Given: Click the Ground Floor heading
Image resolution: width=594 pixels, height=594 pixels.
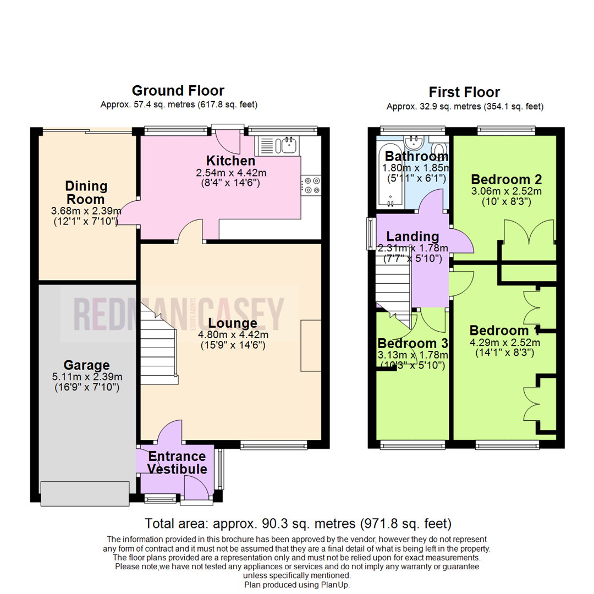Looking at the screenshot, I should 178,91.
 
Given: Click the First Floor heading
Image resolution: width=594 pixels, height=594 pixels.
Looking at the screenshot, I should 465,92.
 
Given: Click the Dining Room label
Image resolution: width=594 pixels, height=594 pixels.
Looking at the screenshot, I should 86,193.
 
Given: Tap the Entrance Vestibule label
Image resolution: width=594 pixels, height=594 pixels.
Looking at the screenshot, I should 177,463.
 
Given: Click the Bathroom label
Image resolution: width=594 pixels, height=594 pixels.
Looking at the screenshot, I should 416,156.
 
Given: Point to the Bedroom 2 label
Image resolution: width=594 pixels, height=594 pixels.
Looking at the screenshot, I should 507,179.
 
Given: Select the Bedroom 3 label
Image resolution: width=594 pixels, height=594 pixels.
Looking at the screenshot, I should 413,343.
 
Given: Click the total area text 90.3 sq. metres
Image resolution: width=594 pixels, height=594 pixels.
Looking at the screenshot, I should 297,523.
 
